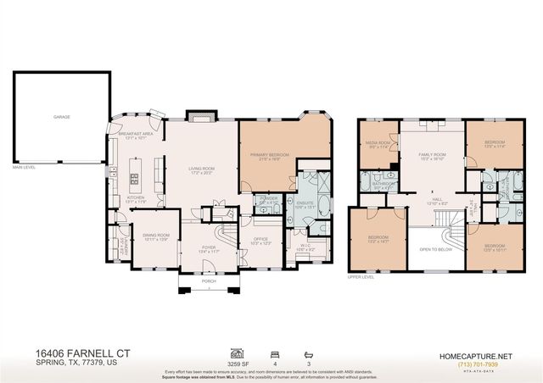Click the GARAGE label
click(62, 117)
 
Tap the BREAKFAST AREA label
click(136, 134)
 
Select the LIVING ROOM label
click(201, 169)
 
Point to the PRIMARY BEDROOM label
click(270, 155)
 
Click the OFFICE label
click(260, 241)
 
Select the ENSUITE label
click(305, 203)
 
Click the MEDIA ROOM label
click(378, 144)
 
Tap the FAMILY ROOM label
click(433, 155)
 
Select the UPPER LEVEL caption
click(360, 276)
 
